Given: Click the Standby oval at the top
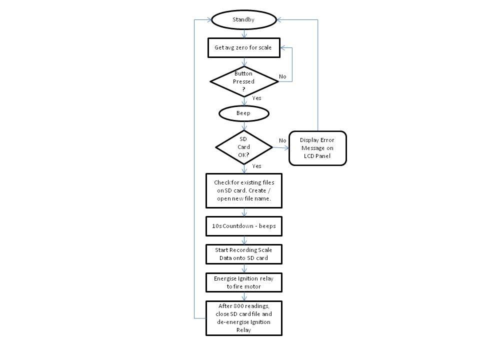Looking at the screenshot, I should click(x=244, y=20).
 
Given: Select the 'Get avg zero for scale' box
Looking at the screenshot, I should click(x=243, y=48).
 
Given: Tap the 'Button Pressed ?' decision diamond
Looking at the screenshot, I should click(x=244, y=81).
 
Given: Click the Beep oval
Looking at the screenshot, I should click(x=244, y=113).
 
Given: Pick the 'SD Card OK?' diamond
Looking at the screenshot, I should click(x=244, y=147).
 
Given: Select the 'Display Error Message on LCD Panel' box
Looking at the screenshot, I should click(x=317, y=148).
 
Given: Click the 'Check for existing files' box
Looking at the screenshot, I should click(x=244, y=190).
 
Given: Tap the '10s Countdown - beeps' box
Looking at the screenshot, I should click(x=244, y=226).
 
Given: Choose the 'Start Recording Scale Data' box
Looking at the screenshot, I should click(x=244, y=254).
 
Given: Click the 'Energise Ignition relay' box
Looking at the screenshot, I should click(x=244, y=282).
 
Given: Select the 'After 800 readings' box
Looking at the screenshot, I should click(x=244, y=318).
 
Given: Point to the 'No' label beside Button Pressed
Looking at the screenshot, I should click(x=282, y=76).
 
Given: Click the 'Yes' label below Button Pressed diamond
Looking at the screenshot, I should click(x=256, y=98).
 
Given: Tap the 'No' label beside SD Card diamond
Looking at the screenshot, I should click(x=282, y=140).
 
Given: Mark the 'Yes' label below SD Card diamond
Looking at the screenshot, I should click(x=256, y=166).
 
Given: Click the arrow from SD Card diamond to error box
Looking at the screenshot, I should click(x=281, y=148).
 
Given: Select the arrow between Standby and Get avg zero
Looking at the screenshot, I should click(x=244, y=33).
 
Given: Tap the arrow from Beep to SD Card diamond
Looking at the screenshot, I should click(x=244, y=125).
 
